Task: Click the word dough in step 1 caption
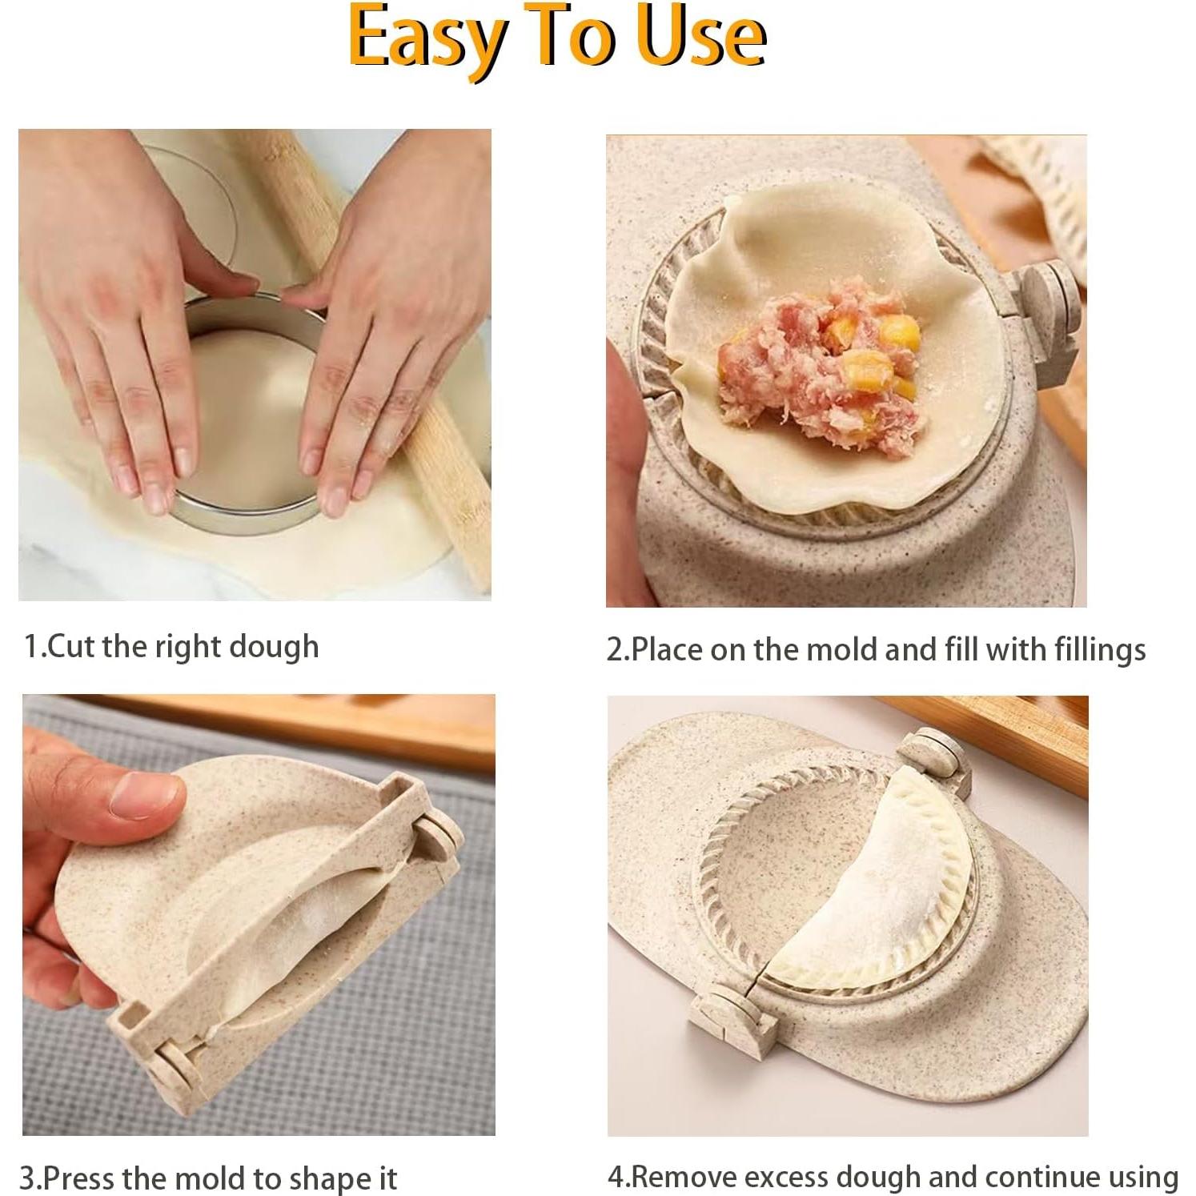pyautogui.click(x=274, y=646)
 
